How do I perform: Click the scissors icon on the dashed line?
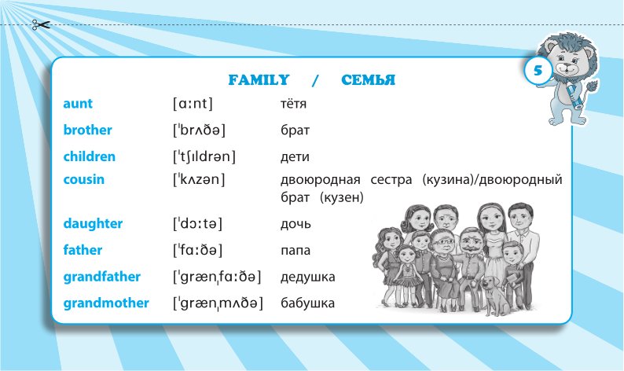[41, 25]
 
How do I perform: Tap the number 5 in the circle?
[538, 71]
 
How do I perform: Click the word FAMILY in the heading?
[259, 80]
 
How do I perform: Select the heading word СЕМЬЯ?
[368, 80]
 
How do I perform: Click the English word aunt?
[78, 104]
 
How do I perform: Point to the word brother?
[87, 130]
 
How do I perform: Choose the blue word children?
[89, 156]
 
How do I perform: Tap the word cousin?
[83, 179]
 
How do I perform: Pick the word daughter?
[93, 224]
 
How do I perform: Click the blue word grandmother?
[106, 303]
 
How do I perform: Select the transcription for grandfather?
[217, 277]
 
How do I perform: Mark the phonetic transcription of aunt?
[193, 104]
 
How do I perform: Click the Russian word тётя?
[293, 104]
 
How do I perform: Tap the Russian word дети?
[295, 157]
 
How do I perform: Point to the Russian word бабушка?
[307, 303]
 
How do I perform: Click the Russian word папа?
[295, 251]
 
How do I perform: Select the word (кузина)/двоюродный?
[492, 180]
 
